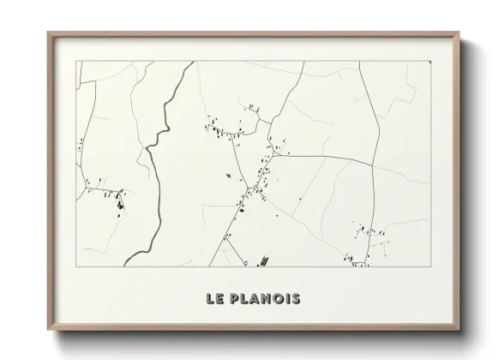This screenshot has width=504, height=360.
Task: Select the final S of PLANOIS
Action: coord(296,299)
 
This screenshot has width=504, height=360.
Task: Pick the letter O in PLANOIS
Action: coord(278,299)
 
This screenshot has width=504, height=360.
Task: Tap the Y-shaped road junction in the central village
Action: coord(249,188)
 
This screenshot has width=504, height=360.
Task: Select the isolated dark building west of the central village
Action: coord(229,177)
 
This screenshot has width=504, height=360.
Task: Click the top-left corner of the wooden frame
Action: coord(49,34)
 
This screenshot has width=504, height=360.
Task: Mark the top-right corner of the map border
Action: coord(429,60)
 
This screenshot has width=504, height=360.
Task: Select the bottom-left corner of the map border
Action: coord(77,266)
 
